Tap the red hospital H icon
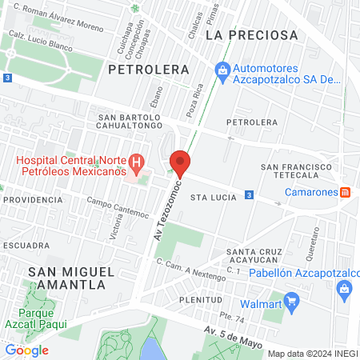tap(137, 166)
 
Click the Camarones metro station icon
tap(345, 193)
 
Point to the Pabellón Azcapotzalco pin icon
tap(345, 288)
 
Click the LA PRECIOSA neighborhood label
tap(251, 35)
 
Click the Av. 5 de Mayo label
tap(233, 332)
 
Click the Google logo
tap(26, 350)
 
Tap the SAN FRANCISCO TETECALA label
tap(296, 171)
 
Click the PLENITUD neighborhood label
tap(201, 299)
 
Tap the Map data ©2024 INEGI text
tap(312, 354)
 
